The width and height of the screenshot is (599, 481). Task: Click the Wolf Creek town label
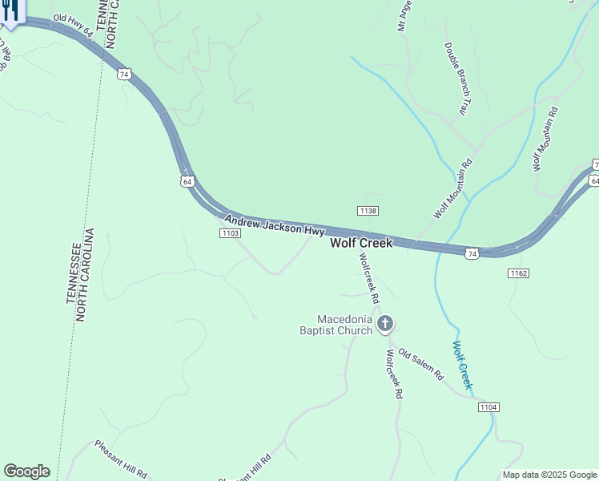pyautogui.click(x=362, y=243)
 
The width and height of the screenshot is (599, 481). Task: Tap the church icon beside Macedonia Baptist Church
pyautogui.click(x=385, y=324)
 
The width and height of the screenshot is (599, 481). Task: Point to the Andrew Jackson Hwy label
pyautogui.click(x=274, y=224)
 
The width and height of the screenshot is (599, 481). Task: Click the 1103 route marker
pyautogui.click(x=230, y=232)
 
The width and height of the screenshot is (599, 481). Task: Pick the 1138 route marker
pyautogui.click(x=368, y=211)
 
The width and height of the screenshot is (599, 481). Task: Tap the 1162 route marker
pyautogui.click(x=517, y=273)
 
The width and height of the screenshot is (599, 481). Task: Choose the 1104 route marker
pyautogui.click(x=488, y=407)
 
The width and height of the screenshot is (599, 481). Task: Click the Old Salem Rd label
pyautogui.click(x=421, y=363)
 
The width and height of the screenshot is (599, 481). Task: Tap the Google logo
pyautogui.click(x=26, y=471)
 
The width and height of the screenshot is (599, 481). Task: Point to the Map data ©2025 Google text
pyautogui.click(x=549, y=475)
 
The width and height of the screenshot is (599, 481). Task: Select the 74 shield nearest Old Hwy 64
pyautogui.click(x=123, y=74)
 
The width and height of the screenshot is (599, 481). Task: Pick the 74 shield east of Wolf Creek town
pyautogui.click(x=472, y=253)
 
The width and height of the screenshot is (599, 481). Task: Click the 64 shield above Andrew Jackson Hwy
pyautogui.click(x=187, y=181)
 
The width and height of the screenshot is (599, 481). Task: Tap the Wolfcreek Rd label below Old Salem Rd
pyautogui.click(x=393, y=374)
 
